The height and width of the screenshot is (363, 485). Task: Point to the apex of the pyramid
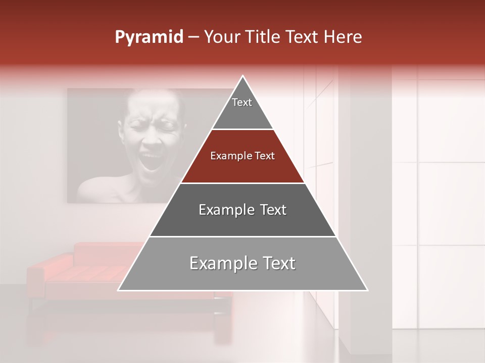point(243,77)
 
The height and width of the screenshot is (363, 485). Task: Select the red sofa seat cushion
point(86,275)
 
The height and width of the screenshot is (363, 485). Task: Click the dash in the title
point(193,37)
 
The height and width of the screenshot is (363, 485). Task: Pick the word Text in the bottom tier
point(277,264)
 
